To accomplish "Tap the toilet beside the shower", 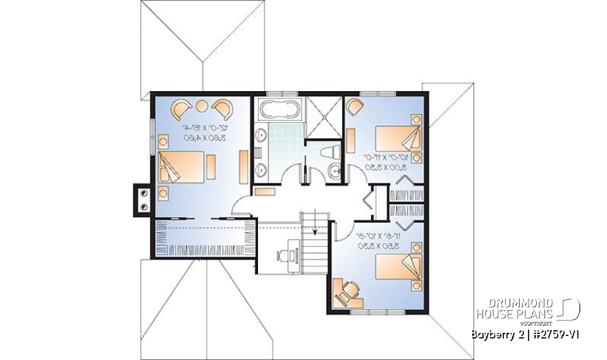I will [x=328, y=152].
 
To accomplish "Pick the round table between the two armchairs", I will [x=204, y=105].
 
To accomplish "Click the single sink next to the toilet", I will [x=335, y=169].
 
